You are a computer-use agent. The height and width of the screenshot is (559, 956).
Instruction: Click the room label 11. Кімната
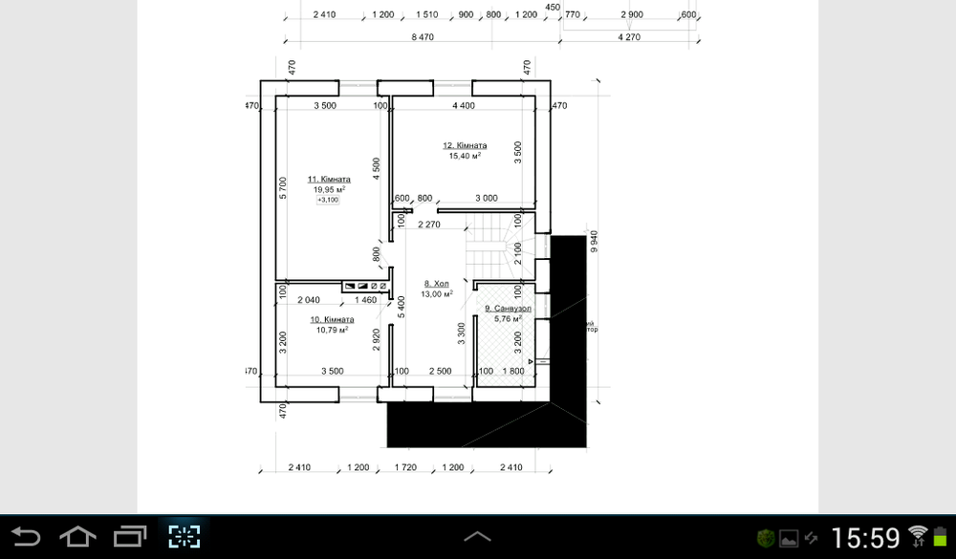tap(328, 179)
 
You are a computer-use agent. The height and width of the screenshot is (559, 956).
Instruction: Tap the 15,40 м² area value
tap(464, 156)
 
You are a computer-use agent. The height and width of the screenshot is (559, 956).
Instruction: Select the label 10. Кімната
tap(332, 319)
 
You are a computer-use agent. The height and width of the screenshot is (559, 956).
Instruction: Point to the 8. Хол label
tap(436, 284)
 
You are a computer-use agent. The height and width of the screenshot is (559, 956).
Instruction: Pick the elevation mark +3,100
tap(328, 200)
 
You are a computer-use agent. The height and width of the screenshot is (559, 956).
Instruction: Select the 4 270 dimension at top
tap(628, 36)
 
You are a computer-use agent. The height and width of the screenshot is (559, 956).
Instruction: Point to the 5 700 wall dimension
tap(283, 188)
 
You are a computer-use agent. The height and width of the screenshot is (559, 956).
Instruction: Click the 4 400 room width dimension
tap(464, 105)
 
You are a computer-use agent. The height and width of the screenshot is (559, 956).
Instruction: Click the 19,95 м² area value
tap(328, 189)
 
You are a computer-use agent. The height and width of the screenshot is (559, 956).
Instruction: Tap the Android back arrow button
tap(26, 536)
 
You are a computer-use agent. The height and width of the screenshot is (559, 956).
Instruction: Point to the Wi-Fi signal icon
tap(919, 536)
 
